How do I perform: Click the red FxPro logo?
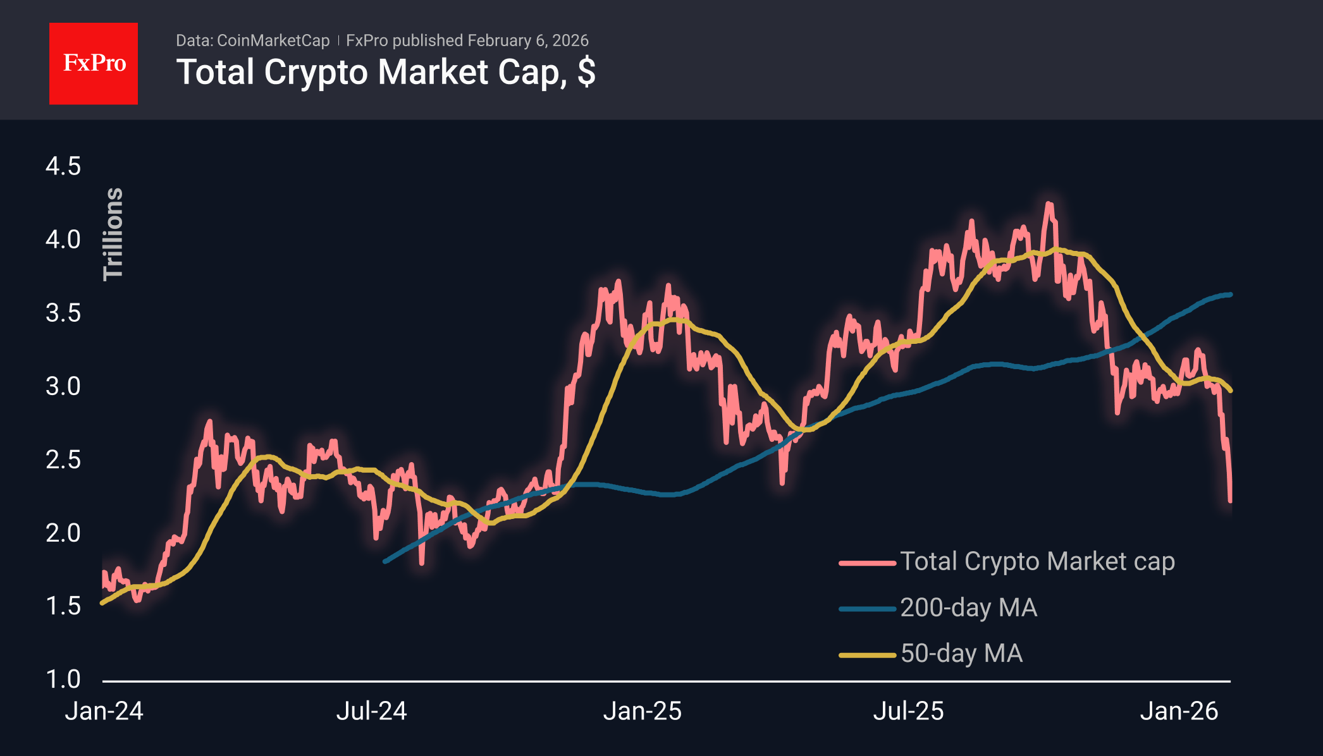(x=94, y=63)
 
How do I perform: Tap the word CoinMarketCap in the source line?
(x=273, y=40)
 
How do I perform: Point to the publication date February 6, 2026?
(x=528, y=40)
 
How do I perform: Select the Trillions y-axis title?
(x=113, y=234)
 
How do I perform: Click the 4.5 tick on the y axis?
(x=63, y=167)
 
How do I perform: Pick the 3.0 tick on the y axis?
(x=63, y=386)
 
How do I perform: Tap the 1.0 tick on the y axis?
(x=63, y=680)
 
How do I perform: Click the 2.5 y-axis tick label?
(x=63, y=460)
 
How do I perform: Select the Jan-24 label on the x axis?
(x=104, y=711)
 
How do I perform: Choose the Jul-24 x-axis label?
(x=371, y=711)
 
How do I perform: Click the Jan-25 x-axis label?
(x=642, y=711)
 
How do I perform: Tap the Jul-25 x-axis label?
(x=908, y=711)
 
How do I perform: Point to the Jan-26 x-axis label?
(x=1179, y=711)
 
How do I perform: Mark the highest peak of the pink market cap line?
(x=1049, y=204)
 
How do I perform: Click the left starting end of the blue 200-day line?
(x=385, y=561)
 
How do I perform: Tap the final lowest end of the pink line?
(x=1230, y=501)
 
